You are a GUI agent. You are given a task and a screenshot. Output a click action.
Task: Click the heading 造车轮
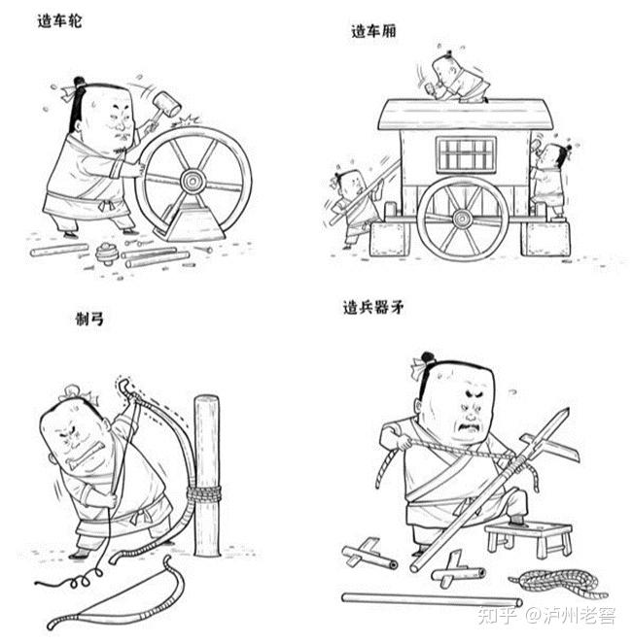click(x=59, y=20)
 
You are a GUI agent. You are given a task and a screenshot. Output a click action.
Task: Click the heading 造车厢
click(x=373, y=31)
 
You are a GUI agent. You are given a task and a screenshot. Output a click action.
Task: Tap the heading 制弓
click(x=89, y=319)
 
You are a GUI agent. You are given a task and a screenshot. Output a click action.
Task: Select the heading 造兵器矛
click(x=373, y=307)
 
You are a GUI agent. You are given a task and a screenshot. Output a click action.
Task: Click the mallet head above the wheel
click(x=167, y=103)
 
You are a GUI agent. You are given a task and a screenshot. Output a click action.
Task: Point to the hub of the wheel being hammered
click(x=193, y=180)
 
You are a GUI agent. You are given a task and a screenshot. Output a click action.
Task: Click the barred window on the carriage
click(x=466, y=154)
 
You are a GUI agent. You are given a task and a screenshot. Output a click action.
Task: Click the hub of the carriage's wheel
click(x=463, y=219)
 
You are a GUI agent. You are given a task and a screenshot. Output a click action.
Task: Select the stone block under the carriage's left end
click(x=389, y=239)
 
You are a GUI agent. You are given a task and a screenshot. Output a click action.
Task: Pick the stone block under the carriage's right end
click(x=545, y=239)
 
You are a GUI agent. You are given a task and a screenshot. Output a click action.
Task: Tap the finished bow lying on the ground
click(x=119, y=596)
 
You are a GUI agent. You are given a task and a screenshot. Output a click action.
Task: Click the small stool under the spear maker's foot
click(x=528, y=538)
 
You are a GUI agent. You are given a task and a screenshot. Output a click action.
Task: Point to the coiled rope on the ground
click(x=557, y=582)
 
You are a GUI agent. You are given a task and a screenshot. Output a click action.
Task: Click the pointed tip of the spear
click(x=567, y=410)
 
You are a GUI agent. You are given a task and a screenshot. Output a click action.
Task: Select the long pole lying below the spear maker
click(x=432, y=600)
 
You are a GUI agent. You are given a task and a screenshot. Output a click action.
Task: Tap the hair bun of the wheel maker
click(x=79, y=81)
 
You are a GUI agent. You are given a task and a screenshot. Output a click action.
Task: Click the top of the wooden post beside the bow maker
click(x=207, y=398)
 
